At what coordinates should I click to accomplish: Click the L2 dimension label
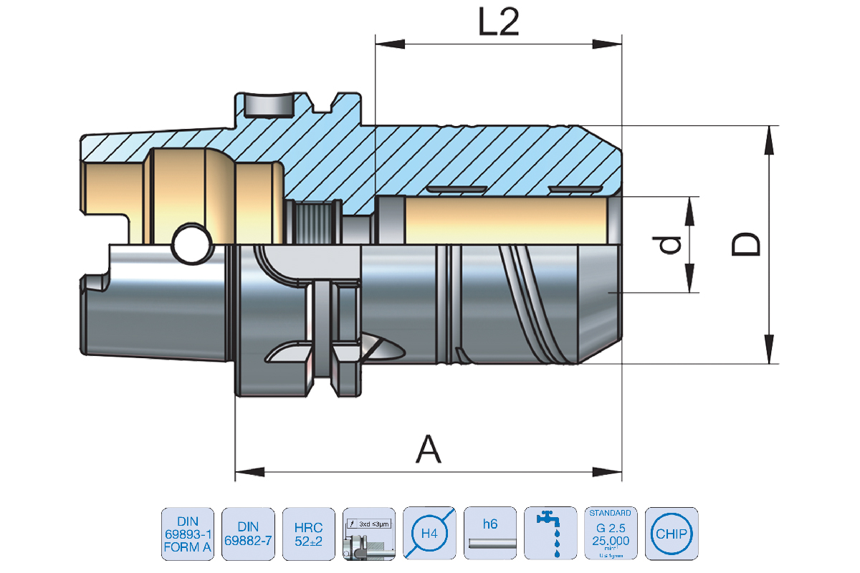(498, 24)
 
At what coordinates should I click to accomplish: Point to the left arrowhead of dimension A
(244, 471)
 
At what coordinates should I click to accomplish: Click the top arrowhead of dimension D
(769, 137)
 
